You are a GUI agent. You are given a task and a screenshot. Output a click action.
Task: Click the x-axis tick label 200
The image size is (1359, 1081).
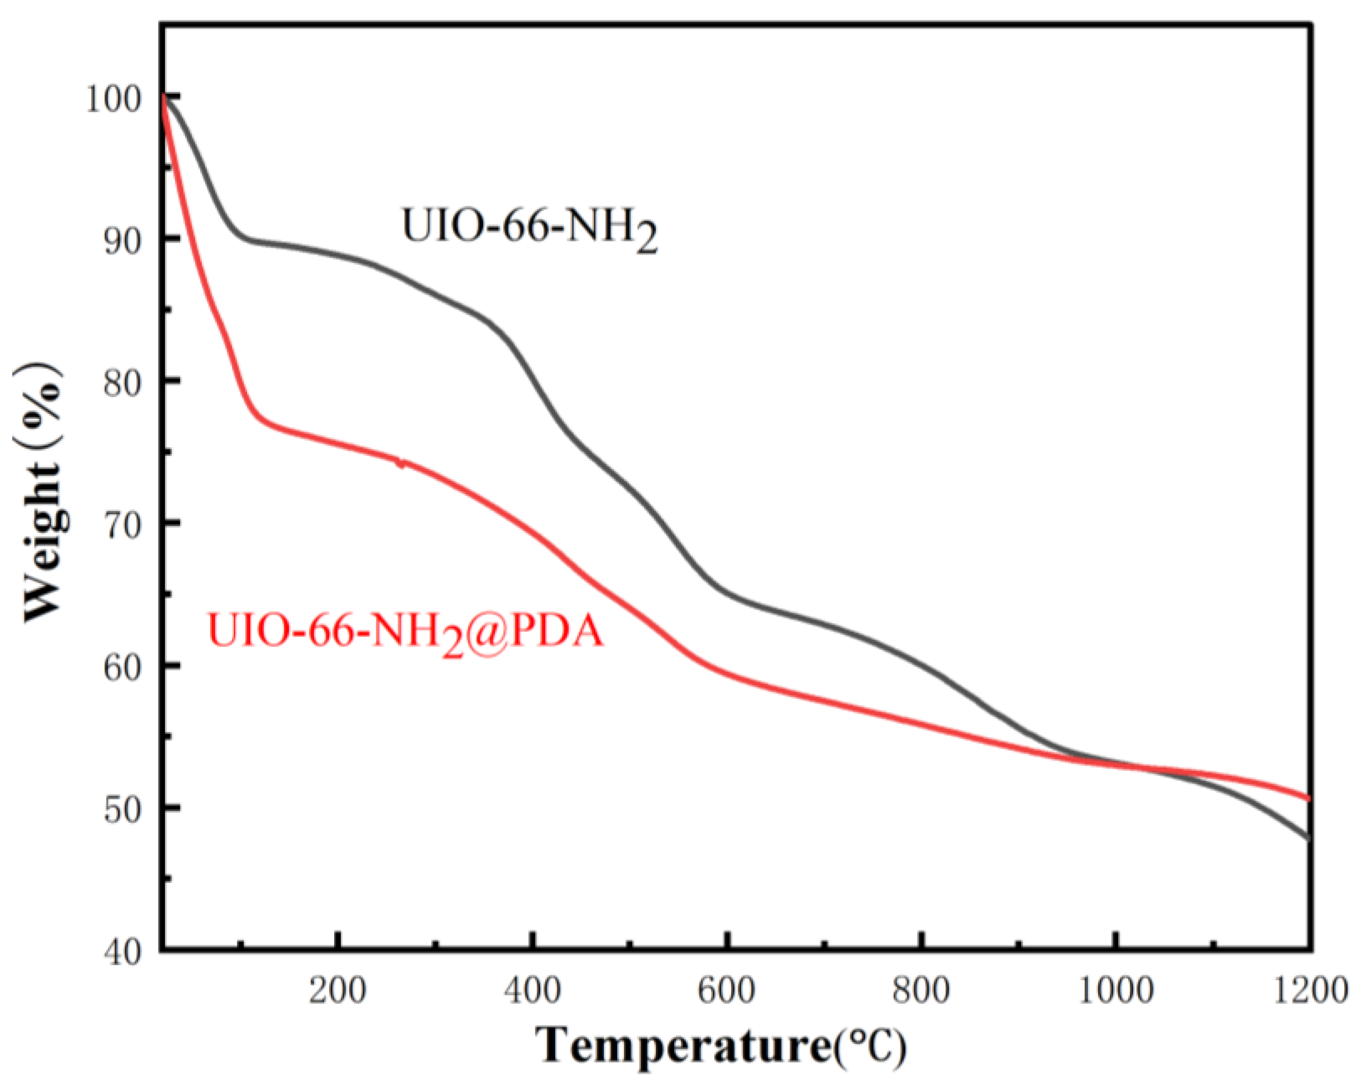coord(338,991)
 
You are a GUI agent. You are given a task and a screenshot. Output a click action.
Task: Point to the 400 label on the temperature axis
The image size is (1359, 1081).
coord(533,991)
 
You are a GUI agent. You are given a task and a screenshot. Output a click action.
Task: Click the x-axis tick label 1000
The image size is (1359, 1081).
coord(1116,991)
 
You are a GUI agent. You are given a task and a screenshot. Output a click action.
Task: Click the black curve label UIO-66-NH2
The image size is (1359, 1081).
coord(529,228)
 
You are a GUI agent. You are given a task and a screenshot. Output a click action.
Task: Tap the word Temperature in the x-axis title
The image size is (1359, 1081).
coord(683,1045)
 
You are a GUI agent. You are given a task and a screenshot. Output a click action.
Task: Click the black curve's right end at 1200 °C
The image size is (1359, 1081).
coord(1309,838)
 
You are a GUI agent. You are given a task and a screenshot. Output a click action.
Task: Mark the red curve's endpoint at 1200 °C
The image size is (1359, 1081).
coord(1309,799)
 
